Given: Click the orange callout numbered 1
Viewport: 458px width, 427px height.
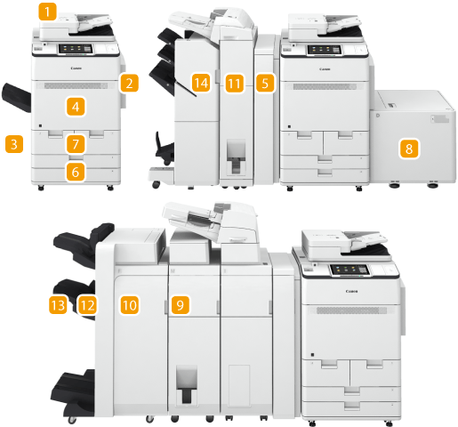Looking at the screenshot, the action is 47,12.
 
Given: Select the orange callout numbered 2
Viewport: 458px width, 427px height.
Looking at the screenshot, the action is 129,83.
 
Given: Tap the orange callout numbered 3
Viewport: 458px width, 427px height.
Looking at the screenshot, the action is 14,144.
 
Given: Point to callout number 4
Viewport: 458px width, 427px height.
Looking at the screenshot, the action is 76,107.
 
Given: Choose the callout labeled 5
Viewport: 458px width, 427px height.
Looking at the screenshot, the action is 265,84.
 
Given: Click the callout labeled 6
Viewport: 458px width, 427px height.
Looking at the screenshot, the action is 76,172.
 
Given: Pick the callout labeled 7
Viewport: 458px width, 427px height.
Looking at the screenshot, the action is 76,144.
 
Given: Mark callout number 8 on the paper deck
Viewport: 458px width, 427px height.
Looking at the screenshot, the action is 409,149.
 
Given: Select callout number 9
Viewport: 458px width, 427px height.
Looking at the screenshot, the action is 181,305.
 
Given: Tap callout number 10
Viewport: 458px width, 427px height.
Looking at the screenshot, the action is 130,305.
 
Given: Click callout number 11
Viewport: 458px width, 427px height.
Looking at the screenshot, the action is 235,84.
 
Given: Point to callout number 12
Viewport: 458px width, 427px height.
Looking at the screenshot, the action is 87,305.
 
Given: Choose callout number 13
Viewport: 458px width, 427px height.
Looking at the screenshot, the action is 58,305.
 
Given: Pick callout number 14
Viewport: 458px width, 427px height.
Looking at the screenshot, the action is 201,83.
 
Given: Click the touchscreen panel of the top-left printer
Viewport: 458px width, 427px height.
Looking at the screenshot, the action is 76,49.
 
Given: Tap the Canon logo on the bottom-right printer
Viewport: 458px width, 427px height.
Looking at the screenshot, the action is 351,291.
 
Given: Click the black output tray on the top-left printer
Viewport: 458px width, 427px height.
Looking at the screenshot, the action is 17,98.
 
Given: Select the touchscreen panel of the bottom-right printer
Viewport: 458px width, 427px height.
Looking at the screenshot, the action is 350,270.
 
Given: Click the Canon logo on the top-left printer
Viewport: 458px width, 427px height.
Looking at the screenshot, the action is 76,68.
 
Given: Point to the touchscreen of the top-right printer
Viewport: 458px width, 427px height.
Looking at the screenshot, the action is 324,50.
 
